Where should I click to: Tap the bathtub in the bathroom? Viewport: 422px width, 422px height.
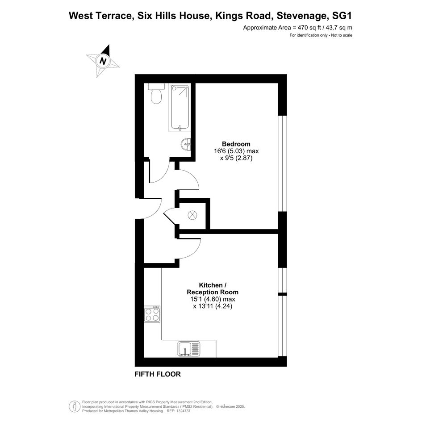coord(180,108)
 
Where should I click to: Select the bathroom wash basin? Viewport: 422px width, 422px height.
coord(186,145)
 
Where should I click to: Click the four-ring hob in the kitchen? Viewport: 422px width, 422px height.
coord(152,314)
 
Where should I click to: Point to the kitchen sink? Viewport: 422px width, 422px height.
coord(189,349)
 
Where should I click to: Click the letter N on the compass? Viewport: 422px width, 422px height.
coord(103,61)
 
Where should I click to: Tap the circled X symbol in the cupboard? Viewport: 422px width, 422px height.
coord(192,215)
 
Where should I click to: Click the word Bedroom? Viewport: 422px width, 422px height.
coord(236,144)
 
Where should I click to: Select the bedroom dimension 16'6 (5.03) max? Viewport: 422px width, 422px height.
coord(236,151)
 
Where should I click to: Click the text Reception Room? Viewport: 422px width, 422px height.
coord(213,292)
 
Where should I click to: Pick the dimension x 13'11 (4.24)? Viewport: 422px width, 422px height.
coord(213,306)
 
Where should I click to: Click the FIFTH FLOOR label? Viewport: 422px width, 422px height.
coord(158,374)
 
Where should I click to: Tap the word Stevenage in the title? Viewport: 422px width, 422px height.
coord(302,16)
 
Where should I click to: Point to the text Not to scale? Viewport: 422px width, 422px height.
coord(342,35)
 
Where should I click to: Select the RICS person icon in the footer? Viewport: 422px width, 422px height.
coord(73,406)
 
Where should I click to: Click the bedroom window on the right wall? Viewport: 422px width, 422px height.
coord(282,163)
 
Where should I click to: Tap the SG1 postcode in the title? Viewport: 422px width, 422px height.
coord(342,16)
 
